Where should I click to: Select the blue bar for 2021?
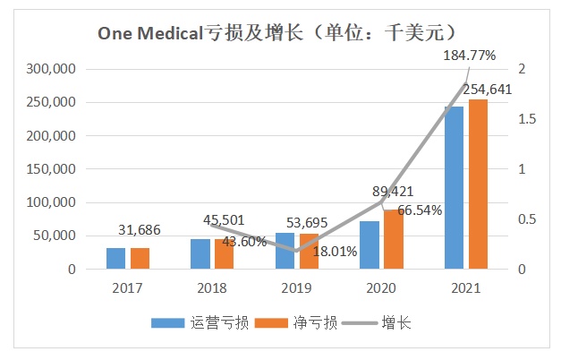click(x=455, y=188)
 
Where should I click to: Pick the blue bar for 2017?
click(x=116, y=258)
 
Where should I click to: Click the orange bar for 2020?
click(x=395, y=239)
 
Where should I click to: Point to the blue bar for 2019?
click(x=285, y=251)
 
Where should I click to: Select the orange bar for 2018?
click(x=225, y=253)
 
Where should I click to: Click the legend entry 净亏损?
click(x=303, y=323)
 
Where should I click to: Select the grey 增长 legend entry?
click(x=384, y=323)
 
